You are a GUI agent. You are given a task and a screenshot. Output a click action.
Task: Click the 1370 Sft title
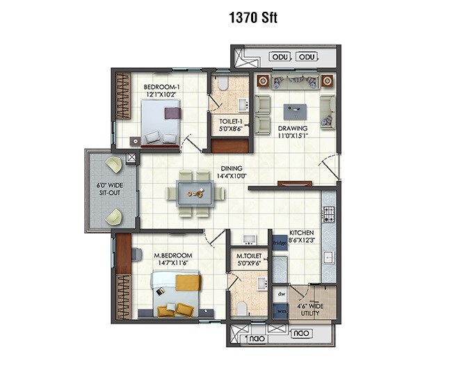pos(253,18)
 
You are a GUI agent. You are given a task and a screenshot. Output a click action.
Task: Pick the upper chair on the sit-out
pos(113,164)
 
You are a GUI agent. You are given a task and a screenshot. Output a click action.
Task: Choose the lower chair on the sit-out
pos(113,218)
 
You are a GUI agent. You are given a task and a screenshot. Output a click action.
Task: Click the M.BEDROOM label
pos(173,260)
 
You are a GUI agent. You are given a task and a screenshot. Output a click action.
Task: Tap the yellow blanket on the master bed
pos(187,282)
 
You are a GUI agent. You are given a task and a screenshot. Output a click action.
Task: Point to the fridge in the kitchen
pos(279,243)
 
